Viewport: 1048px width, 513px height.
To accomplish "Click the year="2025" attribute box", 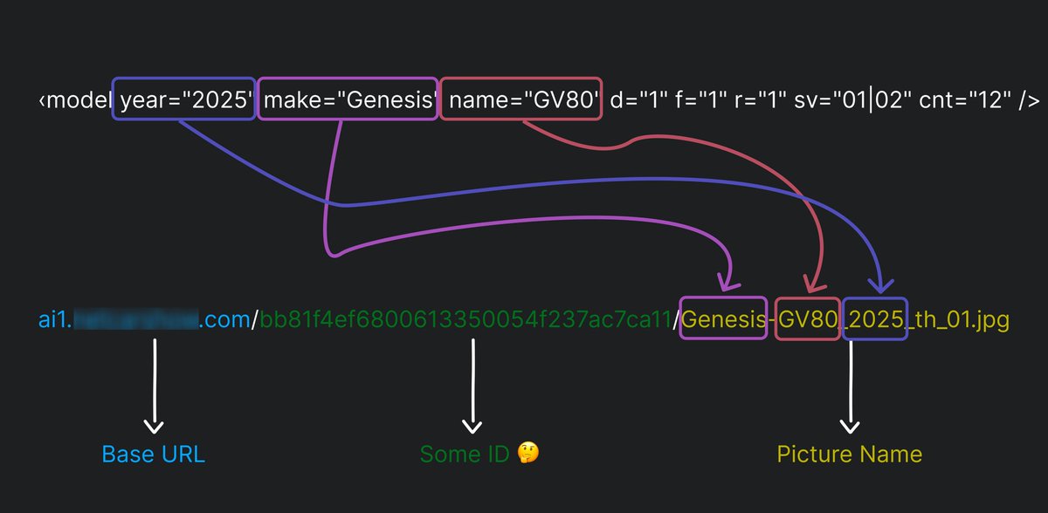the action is click(x=184, y=99).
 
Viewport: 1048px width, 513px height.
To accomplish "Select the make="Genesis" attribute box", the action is click(x=349, y=99).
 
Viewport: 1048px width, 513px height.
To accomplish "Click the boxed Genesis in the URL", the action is click(x=723, y=320).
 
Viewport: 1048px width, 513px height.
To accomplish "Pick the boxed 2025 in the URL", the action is click(x=875, y=320).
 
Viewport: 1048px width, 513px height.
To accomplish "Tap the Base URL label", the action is click(x=154, y=455).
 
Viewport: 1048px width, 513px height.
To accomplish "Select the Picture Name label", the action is click(x=849, y=455).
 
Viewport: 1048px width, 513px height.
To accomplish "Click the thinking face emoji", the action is click(x=527, y=454).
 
